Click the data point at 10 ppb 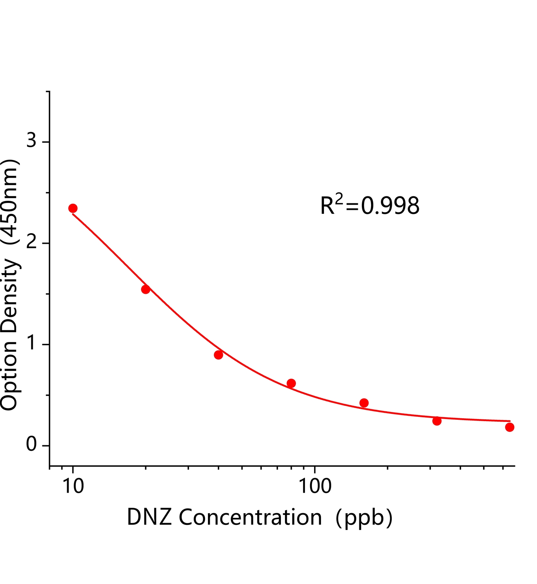coord(73,208)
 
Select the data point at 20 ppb coord(146,289)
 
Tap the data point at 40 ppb coord(219,355)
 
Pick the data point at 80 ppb coord(291,383)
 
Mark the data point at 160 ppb coord(364,403)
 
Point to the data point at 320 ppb coord(437,421)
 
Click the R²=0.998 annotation coord(370,206)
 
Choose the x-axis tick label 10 coord(73,487)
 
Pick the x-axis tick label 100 coord(314,487)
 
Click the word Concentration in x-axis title coord(250,518)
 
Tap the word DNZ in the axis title coord(149,518)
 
